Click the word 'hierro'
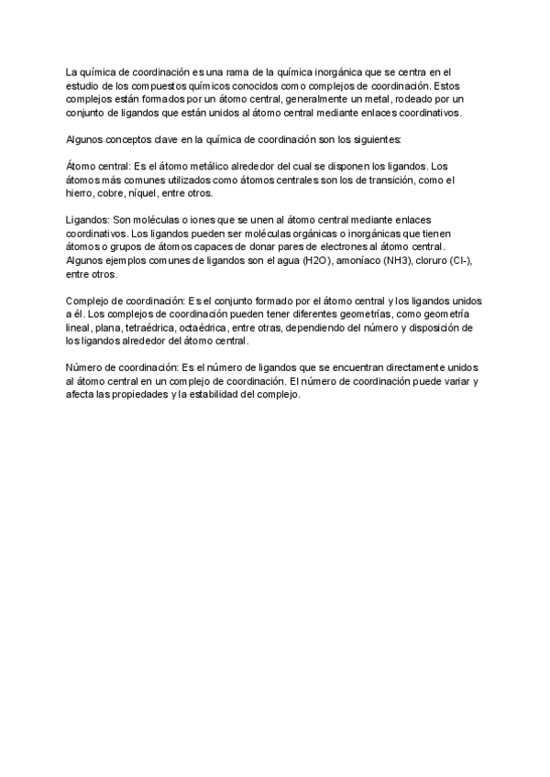pyautogui.click(x=81, y=194)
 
